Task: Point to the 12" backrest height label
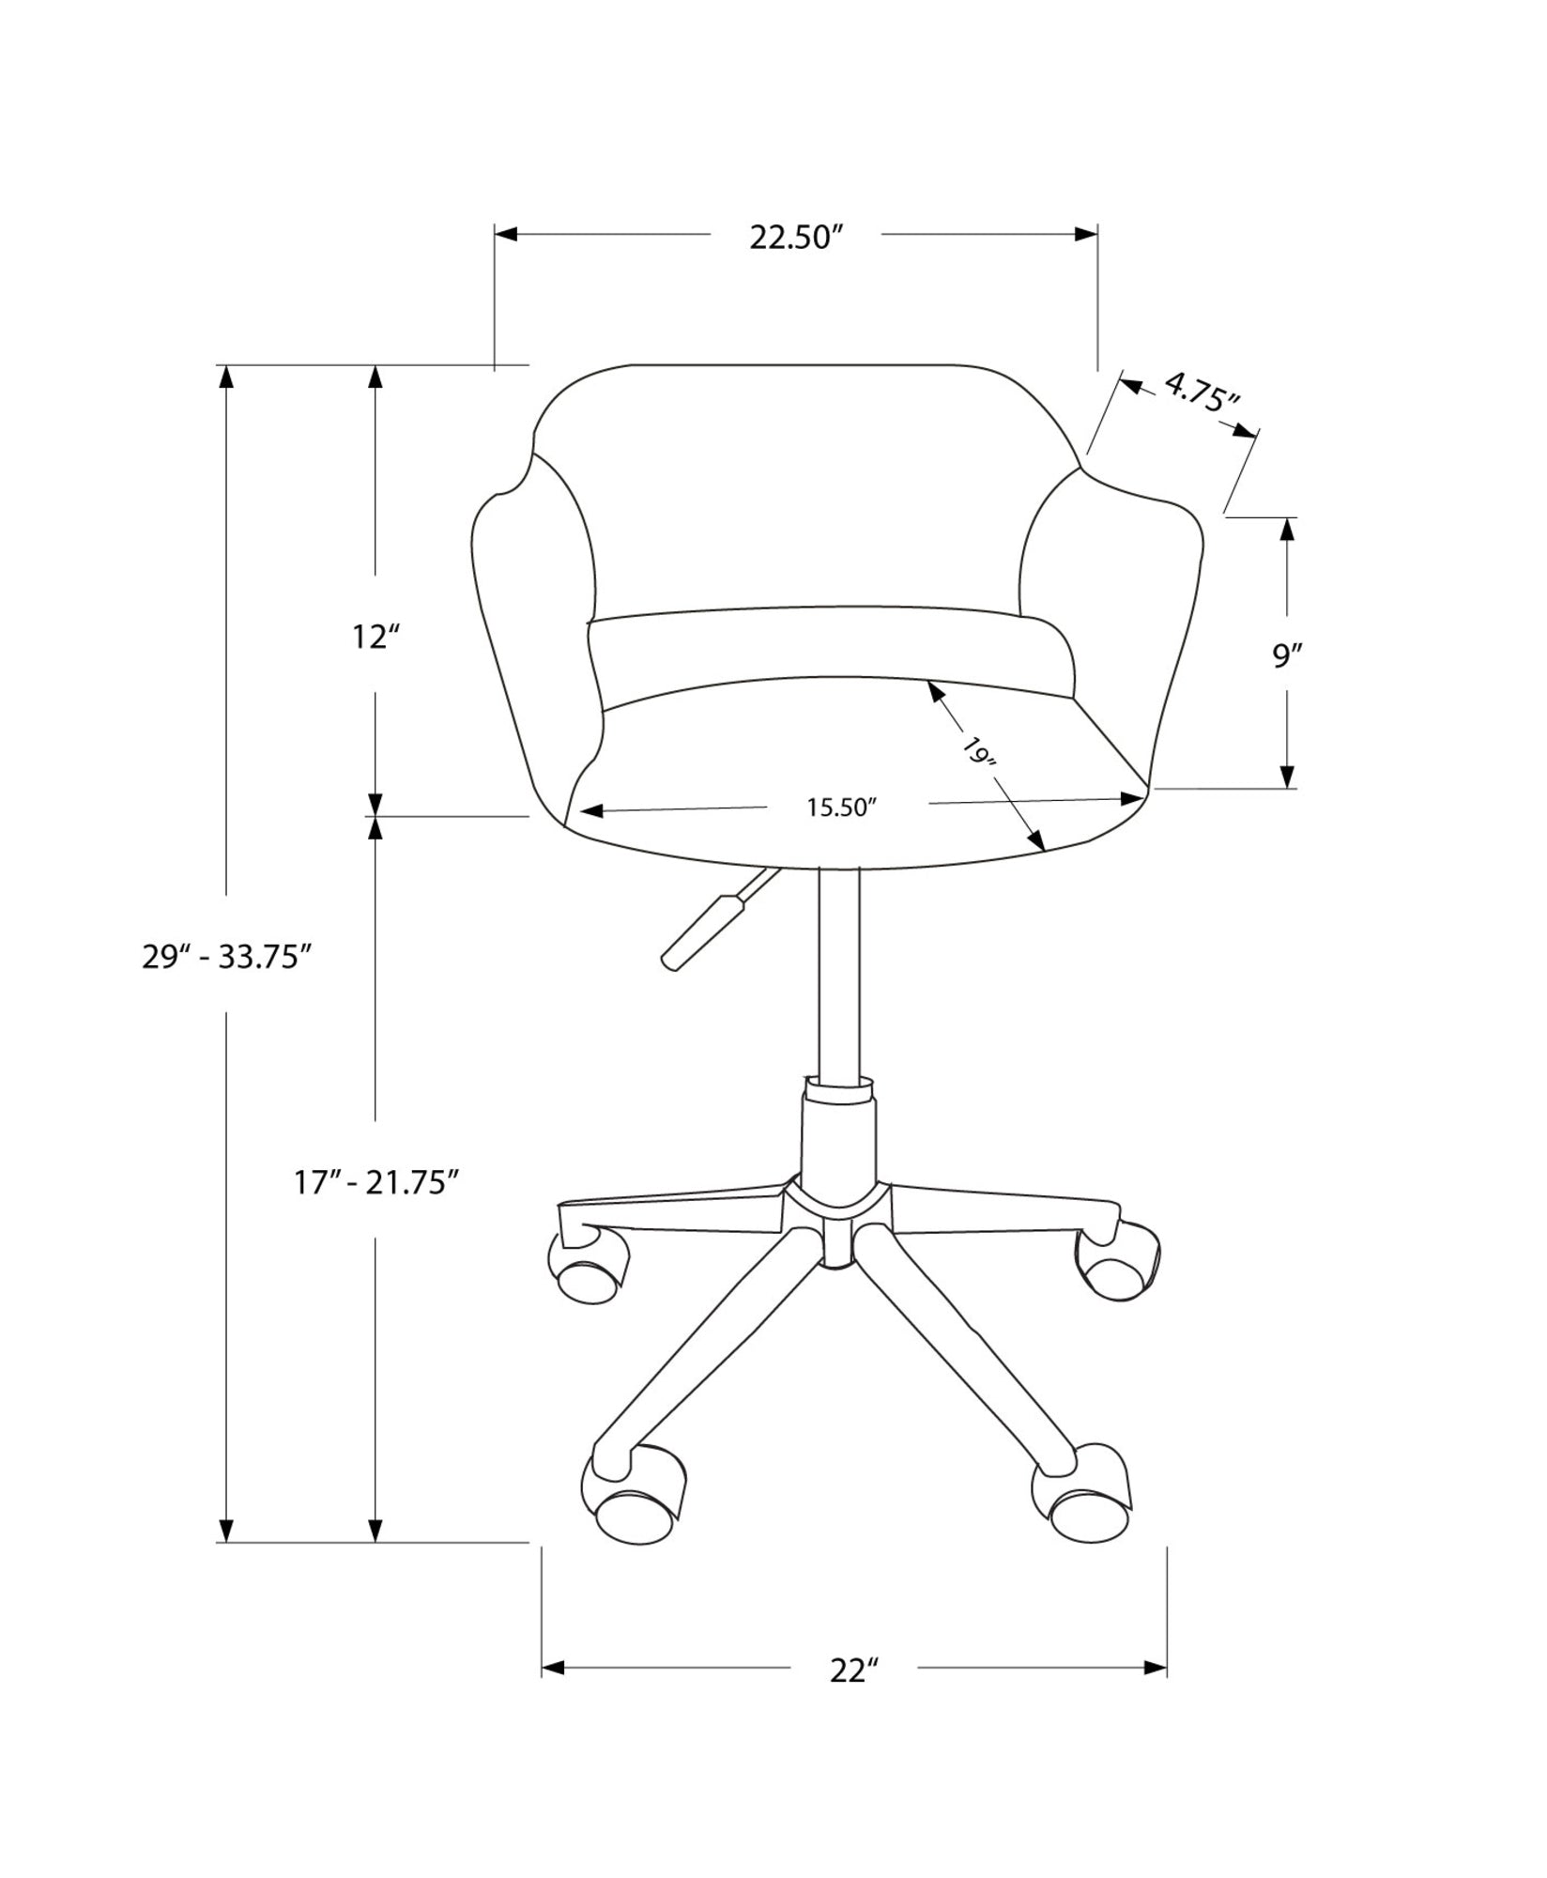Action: pos(375,638)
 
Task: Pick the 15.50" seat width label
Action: pos(841,808)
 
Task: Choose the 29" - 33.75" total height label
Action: pos(226,957)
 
